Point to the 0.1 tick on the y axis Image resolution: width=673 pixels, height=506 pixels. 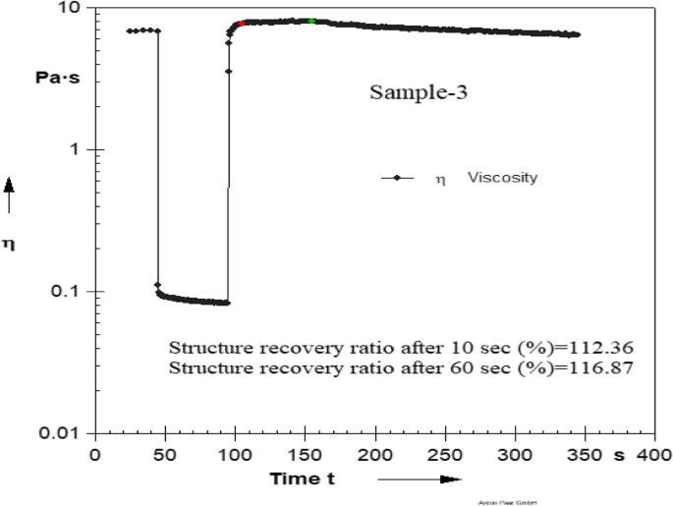point(68,292)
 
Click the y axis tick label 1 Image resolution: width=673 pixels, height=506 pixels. point(80,150)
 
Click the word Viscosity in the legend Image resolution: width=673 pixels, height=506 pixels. point(501,179)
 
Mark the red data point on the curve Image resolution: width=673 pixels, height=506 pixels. point(242,23)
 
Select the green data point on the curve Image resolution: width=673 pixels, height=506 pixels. point(311,21)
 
